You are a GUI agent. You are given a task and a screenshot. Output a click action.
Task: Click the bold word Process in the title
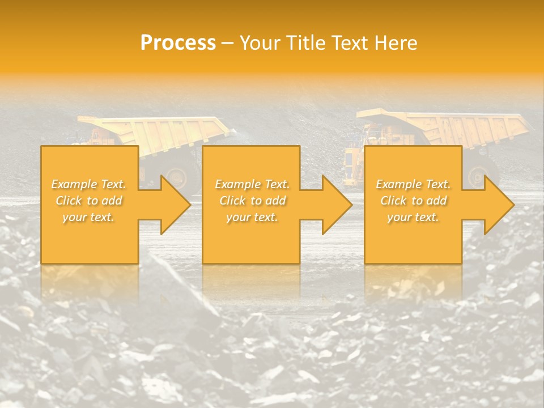[x=178, y=43]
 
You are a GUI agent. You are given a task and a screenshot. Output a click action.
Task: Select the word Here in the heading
[x=396, y=43]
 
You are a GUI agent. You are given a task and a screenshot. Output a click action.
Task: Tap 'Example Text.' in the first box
[x=89, y=184]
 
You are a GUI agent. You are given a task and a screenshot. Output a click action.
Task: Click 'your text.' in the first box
[x=89, y=217]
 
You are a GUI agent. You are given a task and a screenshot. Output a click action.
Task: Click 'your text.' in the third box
[x=413, y=217]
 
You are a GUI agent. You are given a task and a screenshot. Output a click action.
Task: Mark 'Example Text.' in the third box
[x=413, y=184]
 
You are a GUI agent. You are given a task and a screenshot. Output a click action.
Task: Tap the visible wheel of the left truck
[x=177, y=177]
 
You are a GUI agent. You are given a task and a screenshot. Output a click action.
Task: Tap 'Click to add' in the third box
[x=413, y=201]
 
